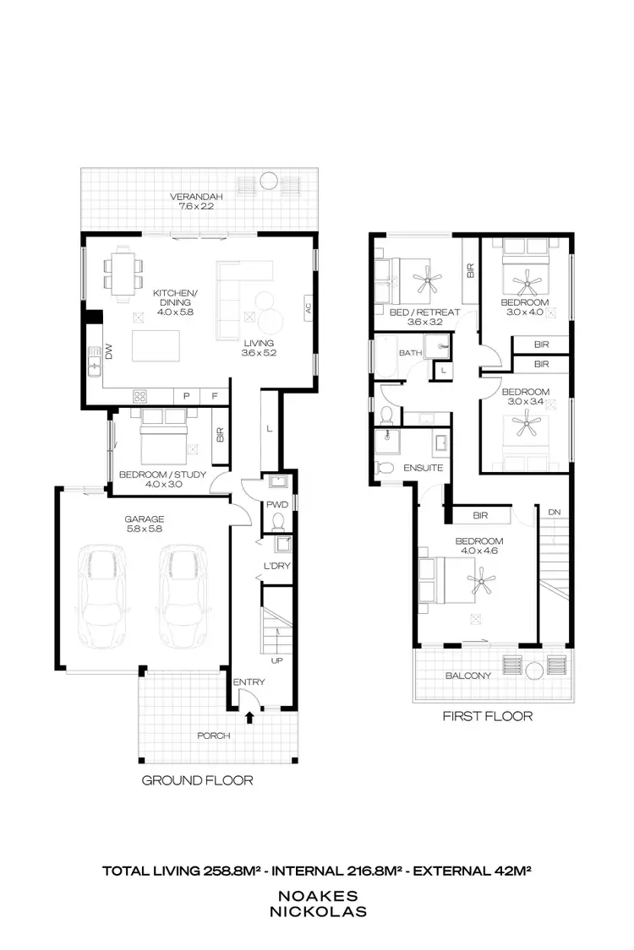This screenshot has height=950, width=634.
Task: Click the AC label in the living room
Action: click(308, 309)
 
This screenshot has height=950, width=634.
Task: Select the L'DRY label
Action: click(277, 566)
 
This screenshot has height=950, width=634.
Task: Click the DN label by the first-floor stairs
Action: click(554, 512)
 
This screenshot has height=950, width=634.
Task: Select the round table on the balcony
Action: click(533, 671)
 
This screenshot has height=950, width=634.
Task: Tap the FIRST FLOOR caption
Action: click(488, 716)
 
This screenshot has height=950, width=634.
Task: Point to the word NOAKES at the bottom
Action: click(316, 896)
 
